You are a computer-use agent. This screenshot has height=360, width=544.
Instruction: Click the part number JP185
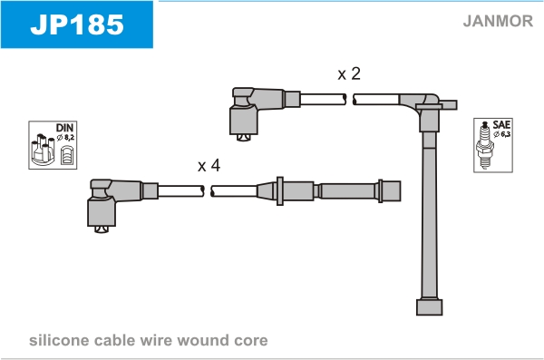tap(77, 24)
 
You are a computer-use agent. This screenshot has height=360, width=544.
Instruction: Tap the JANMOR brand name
tap(498, 21)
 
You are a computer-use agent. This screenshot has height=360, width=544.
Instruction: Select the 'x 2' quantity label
tap(349, 73)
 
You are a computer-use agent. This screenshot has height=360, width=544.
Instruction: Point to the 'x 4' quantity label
tap(209, 165)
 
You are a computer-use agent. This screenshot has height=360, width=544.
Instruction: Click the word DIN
tap(65, 128)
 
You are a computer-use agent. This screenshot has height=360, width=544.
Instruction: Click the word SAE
tap(501, 124)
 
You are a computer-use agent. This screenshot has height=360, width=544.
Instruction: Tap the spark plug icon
tap(485, 145)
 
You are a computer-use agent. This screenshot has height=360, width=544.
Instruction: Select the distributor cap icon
tap(43, 150)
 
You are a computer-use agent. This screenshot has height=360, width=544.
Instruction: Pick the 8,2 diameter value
tap(69, 138)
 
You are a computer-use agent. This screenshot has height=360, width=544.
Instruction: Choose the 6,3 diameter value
tap(506, 134)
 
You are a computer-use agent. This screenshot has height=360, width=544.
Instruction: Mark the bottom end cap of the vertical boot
tap(430, 306)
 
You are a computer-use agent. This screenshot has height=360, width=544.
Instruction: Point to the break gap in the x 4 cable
tap(208, 191)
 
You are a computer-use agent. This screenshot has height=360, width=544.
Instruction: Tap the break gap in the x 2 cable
tap(350, 99)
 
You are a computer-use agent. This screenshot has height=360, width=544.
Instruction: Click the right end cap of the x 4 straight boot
tap(392, 191)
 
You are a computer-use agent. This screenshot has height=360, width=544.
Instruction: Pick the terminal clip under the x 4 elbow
tap(102, 229)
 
